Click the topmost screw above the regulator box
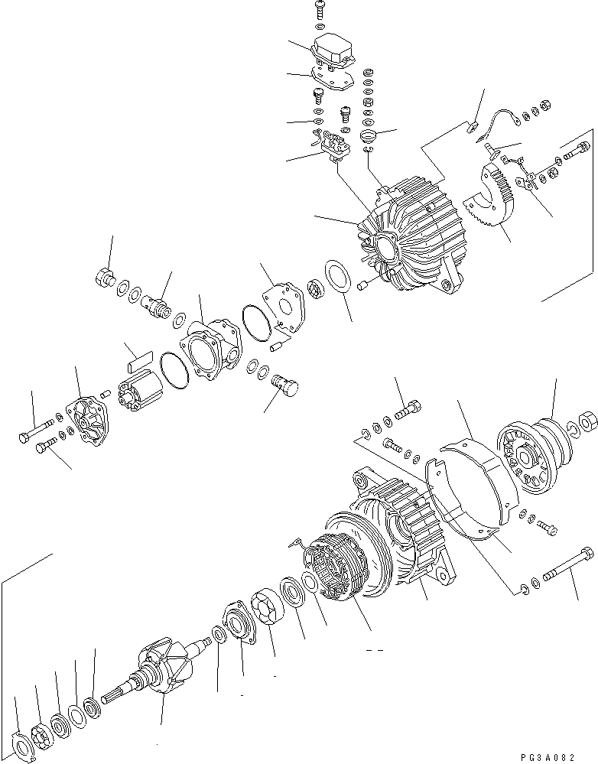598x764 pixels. tap(319, 10)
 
